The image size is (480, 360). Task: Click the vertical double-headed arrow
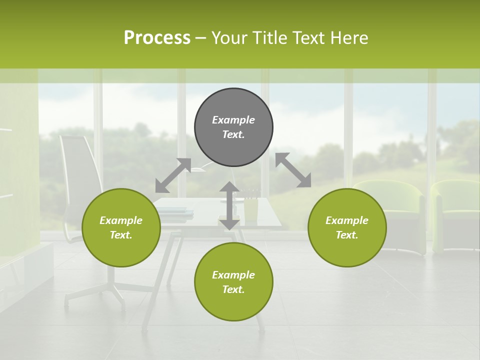(229, 205)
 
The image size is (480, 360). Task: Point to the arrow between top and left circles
(173, 175)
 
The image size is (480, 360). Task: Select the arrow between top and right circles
(293, 170)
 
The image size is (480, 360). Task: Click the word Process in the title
(157, 38)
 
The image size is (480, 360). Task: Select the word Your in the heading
(229, 38)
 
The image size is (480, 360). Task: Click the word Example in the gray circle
(233, 120)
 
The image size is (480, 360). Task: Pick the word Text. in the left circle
(121, 235)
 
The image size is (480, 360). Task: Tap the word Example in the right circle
(347, 220)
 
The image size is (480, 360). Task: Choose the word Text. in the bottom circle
(233, 289)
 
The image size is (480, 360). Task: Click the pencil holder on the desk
(250, 209)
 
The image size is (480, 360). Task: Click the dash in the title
(200, 38)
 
